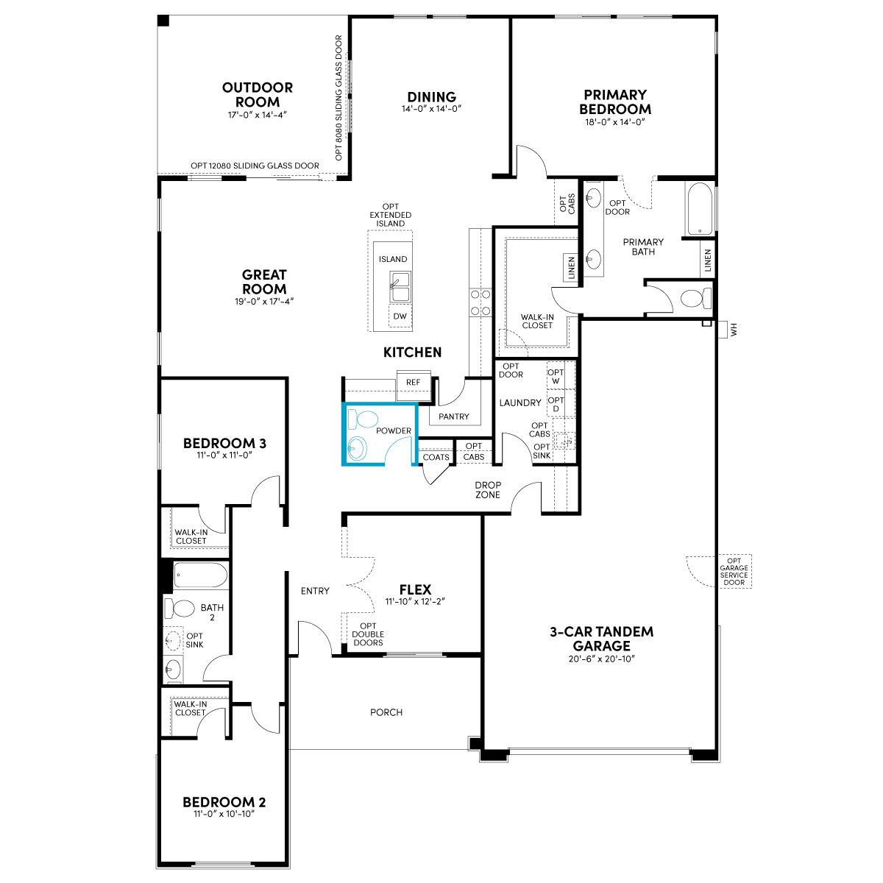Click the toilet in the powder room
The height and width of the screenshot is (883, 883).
(x=363, y=419)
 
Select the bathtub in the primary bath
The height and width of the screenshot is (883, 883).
(x=700, y=208)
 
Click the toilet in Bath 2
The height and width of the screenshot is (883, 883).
(x=180, y=609)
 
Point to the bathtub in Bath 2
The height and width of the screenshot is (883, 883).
(x=201, y=575)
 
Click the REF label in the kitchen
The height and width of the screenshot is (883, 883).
(x=413, y=382)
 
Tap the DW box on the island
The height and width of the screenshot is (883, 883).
(x=400, y=316)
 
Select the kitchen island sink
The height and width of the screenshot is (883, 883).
(x=400, y=287)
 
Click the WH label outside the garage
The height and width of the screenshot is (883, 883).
(x=734, y=330)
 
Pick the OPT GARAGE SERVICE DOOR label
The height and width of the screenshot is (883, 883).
(x=734, y=572)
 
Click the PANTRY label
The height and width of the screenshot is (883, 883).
(x=454, y=416)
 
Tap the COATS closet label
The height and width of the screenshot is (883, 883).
(x=436, y=457)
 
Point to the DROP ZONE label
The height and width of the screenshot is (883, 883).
(x=488, y=490)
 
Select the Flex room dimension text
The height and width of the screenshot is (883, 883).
(x=415, y=602)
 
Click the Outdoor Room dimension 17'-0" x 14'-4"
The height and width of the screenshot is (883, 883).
(x=258, y=115)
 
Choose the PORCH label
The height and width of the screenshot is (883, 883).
(x=386, y=712)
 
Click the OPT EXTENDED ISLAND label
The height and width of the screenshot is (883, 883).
(x=391, y=215)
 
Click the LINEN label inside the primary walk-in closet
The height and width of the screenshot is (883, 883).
(x=572, y=268)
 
